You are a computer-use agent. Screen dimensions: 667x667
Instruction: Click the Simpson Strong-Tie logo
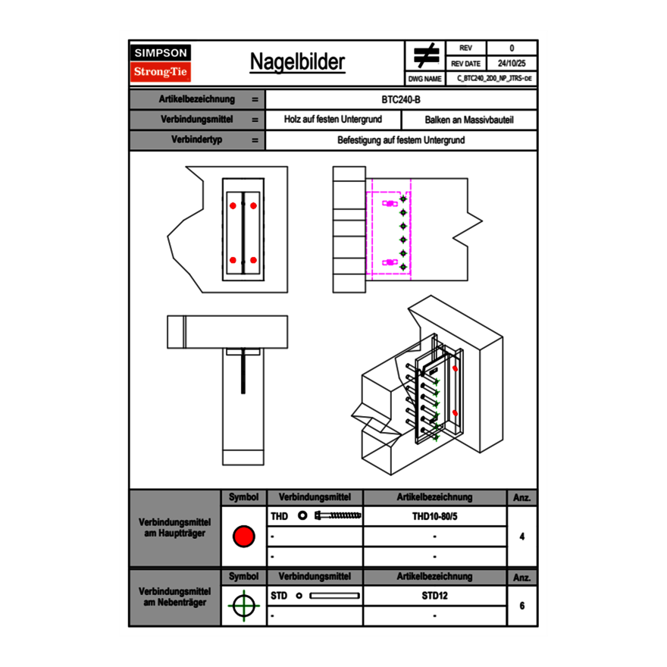pos(161,63)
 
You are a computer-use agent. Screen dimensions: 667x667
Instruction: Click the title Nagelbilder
pos(297,62)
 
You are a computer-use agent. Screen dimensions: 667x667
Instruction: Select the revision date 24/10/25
pos(512,64)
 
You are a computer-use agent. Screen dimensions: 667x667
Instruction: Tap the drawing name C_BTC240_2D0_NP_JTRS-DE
pos(493,78)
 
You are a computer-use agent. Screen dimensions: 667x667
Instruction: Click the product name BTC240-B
pos(401,99)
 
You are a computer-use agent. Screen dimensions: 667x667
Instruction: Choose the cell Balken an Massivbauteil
pos(468,120)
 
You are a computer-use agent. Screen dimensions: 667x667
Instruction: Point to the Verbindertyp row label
pos(196,140)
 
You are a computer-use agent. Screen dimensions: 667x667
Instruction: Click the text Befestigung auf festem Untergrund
pos(401,140)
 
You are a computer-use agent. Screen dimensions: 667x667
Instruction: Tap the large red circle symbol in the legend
pos(243,537)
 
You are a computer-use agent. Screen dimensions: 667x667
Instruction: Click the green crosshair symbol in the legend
pos(243,606)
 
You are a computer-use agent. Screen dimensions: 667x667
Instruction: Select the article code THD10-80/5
pos(434,516)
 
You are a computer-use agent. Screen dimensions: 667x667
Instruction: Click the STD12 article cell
pos(434,596)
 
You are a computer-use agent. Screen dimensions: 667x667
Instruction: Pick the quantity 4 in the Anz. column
pos(522,537)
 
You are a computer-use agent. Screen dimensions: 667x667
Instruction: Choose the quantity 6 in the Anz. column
pos(522,606)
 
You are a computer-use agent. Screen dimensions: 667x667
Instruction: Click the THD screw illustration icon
pos(338,516)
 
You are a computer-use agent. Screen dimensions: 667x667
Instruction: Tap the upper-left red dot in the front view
pos(233,205)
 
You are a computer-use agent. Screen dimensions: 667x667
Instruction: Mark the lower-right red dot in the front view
pos(254,261)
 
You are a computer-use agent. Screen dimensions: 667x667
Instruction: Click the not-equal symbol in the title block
pos(426,55)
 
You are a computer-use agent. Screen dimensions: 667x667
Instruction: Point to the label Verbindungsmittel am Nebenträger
pos(175,596)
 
